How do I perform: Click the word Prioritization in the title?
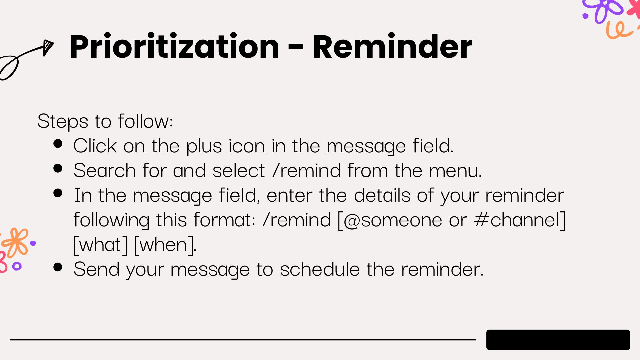coord(174,47)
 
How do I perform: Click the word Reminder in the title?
coord(392,47)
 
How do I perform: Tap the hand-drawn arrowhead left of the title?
coord(48,48)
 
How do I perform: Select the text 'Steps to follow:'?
coord(105,121)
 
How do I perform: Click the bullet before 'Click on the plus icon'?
coord(58,144)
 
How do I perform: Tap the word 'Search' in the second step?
coord(105,171)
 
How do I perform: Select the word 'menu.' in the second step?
coord(455,171)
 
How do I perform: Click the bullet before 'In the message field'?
coord(58,193)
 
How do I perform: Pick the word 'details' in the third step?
coord(382,195)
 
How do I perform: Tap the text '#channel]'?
coord(520,220)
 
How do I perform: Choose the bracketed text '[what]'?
coord(101,245)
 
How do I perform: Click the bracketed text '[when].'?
coord(165,245)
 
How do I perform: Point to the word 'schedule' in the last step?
coord(320,269)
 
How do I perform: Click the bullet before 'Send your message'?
coord(58,267)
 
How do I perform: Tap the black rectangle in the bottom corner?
coord(558,340)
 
